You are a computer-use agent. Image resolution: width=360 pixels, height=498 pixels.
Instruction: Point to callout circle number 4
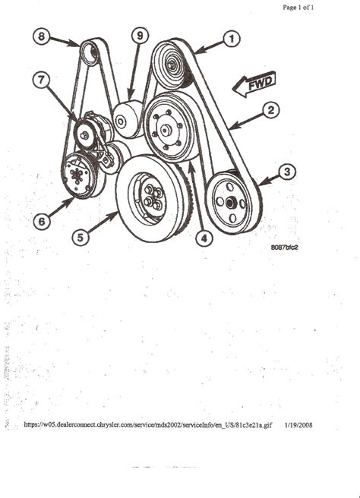pyautogui.click(x=201, y=238)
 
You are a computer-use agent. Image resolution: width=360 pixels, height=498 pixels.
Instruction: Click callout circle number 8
pyautogui.click(x=43, y=35)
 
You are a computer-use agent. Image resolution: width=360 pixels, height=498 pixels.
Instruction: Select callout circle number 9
pyautogui.click(x=138, y=36)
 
